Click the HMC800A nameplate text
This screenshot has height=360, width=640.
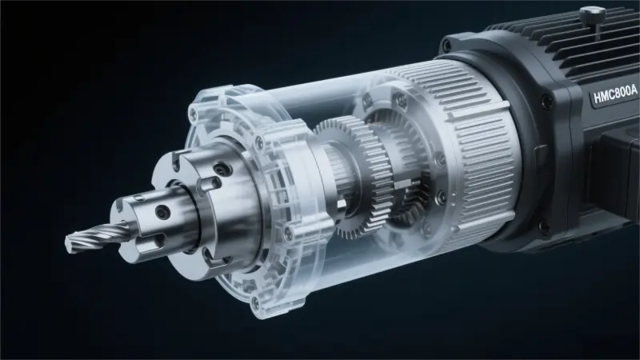click(615, 98)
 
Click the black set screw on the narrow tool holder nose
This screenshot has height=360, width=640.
click(162, 210)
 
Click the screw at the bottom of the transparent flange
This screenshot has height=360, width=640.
click(256, 303)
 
